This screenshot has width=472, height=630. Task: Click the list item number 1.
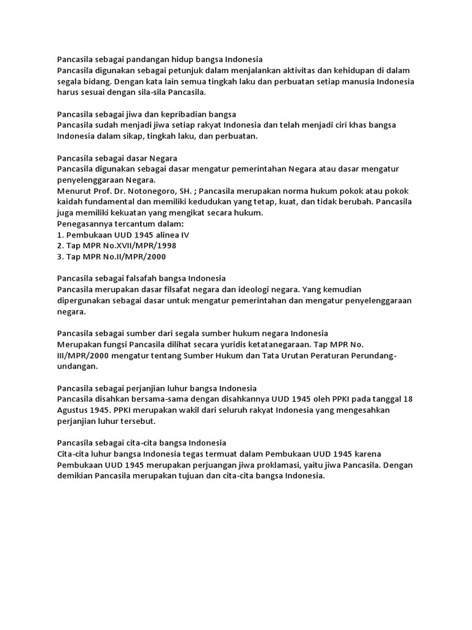(x=60, y=234)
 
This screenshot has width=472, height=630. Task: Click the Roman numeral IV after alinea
(x=184, y=234)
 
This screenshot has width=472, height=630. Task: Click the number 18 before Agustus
(x=408, y=399)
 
